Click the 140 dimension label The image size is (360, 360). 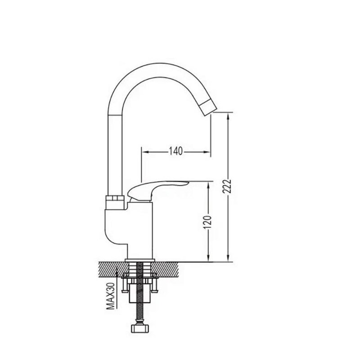pos(176,152)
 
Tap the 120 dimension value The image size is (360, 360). pos(207,222)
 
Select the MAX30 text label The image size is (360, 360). pos(111,296)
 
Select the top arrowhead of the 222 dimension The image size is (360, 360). pos(228,116)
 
